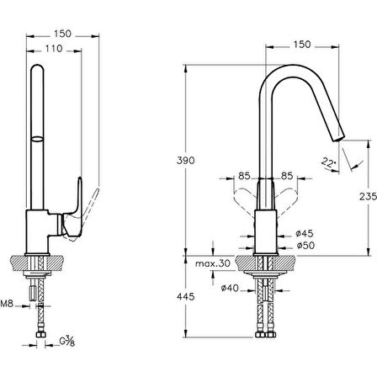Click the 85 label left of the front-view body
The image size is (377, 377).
[244, 175]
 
